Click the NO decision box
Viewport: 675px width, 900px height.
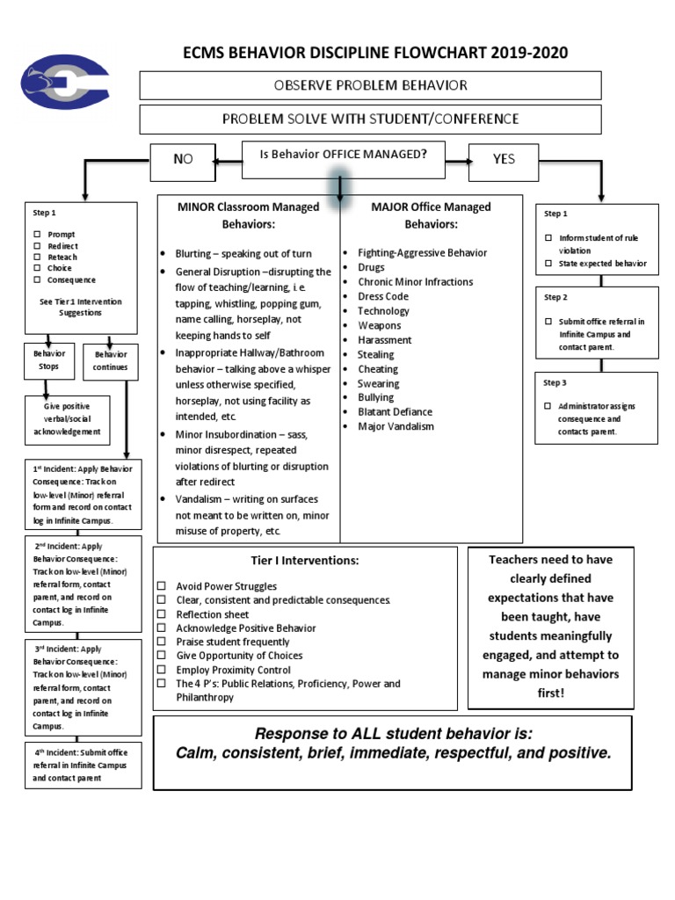(x=182, y=159)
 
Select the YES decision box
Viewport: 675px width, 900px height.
(x=503, y=159)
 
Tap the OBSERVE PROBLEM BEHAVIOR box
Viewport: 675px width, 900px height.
(x=370, y=85)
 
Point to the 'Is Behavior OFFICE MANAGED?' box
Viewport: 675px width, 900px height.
(x=343, y=155)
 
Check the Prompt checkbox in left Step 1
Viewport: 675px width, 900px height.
(x=38, y=235)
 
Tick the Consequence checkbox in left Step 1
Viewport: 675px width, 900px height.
(x=38, y=279)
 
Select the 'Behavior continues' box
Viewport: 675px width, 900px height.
(x=111, y=360)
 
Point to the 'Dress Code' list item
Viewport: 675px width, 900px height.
(x=383, y=296)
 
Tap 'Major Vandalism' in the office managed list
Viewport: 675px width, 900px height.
(x=396, y=426)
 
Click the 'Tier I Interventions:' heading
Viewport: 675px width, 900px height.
(x=304, y=561)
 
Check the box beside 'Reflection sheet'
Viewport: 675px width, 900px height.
(x=162, y=614)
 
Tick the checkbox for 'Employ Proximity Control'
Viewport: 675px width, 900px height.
(x=162, y=670)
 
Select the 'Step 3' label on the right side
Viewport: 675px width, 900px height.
(x=555, y=383)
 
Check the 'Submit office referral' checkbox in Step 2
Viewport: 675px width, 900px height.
(x=548, y=322)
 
